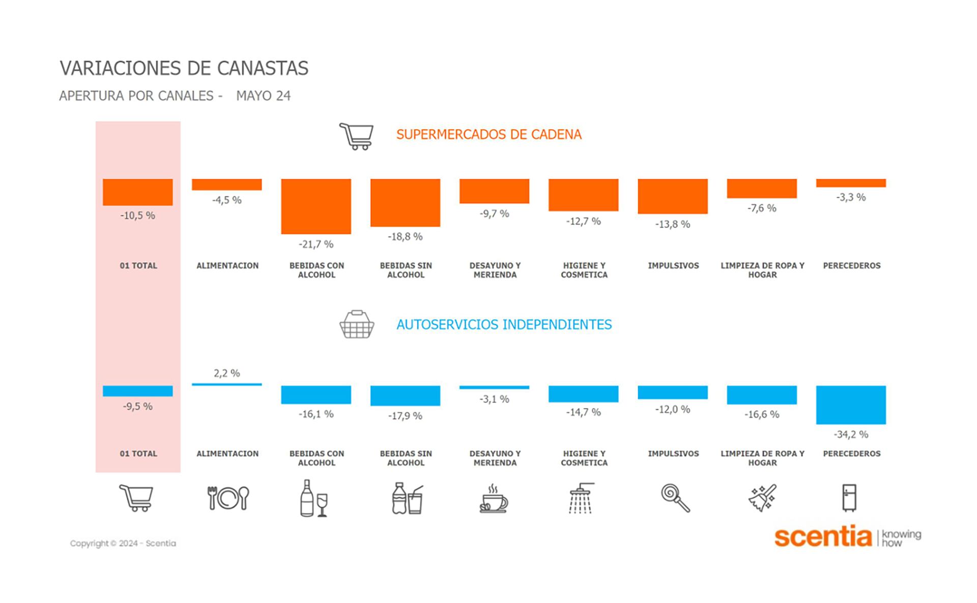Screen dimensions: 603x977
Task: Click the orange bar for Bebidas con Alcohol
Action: click(316, 206)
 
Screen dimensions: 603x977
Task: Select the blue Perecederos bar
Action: click(851, 405)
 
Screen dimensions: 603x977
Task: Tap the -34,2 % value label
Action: click(851, 435)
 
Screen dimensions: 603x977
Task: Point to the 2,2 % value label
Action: click(227, 374)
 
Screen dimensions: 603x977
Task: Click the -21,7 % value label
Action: click(316, 245)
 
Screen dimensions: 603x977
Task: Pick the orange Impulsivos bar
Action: click(673, 196)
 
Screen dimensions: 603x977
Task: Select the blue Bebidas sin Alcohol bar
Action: click(405, 395)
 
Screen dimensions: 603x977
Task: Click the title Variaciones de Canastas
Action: click(184, 68)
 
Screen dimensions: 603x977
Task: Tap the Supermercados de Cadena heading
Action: click(489, 134)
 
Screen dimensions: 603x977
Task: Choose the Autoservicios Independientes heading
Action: click(504, 325)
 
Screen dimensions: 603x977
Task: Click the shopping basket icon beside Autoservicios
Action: click(357, 324)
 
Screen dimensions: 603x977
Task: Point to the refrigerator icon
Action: click(849, 497)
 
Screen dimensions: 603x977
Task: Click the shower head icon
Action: click(582, 498)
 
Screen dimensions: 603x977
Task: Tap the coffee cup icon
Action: click(494, 499)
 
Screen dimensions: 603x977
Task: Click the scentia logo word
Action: click(823, 536)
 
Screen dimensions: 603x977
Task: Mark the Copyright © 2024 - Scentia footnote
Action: click(123, 543)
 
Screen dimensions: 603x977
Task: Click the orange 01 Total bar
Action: click(137, 192)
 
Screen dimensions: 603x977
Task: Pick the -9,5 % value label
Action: click(137, 407)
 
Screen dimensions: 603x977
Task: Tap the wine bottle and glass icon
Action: click(313, 498)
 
